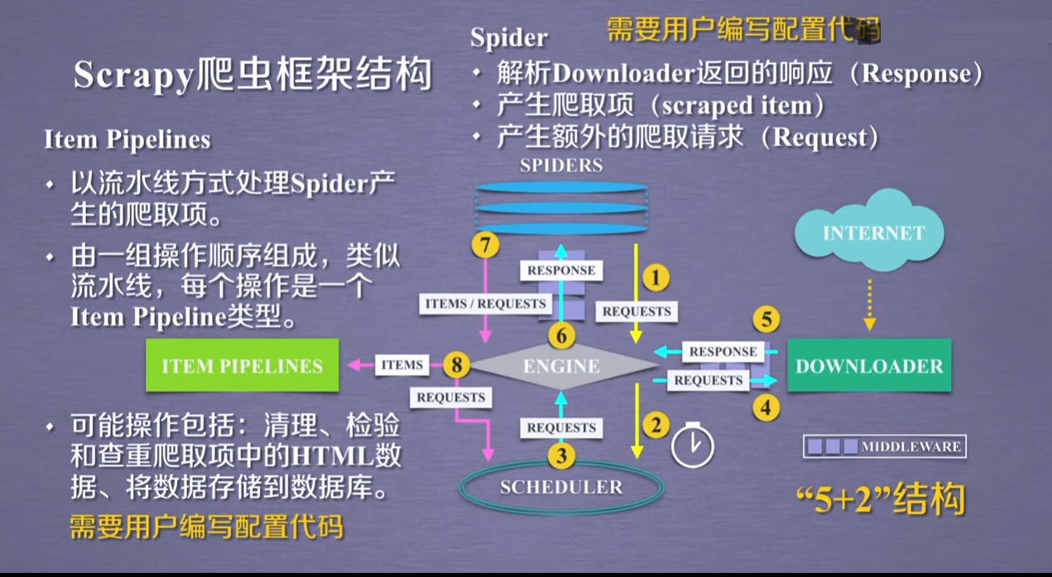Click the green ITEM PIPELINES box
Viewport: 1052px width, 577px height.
coord(242,365)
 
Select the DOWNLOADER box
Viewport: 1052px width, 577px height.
coord(868,366)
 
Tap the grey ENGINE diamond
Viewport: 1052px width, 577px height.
coord(562,365)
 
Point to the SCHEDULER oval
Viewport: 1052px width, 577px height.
coord(561,488)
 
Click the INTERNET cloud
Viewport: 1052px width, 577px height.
coord(872,233)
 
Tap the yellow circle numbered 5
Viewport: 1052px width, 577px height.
coord(766,320)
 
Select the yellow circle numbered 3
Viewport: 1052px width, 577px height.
coord(560,456)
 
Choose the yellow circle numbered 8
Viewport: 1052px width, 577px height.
coord(456,365)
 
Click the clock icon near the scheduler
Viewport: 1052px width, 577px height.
coord(692,445)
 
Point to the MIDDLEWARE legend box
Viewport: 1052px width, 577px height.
coord(884,446)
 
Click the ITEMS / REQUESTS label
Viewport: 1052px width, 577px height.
coord(485,304)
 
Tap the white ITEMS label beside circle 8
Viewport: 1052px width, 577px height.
coord(401,365)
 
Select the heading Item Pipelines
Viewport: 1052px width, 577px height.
coord(127,140)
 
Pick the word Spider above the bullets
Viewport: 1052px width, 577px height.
coord(508,37)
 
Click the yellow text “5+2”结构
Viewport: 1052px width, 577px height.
coord(880,499)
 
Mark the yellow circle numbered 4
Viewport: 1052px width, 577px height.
coord(766,408)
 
